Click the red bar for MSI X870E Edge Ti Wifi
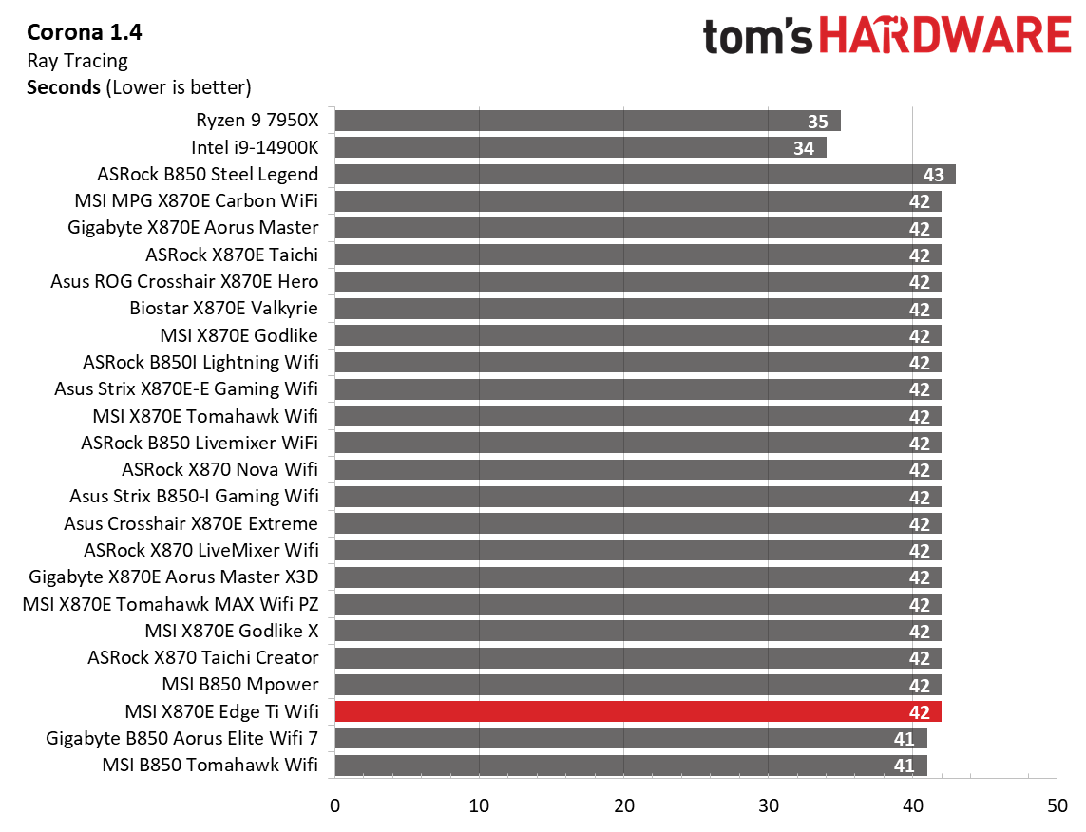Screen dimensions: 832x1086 (637, 711)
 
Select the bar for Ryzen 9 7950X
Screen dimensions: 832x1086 (587, 121)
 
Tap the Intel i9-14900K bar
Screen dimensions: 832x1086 (580, 147)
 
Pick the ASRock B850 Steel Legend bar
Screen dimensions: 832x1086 (644, 175)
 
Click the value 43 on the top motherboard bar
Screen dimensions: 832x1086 (934, 176)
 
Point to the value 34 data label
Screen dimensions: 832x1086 (804, 148)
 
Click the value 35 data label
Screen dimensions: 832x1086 (817, 122)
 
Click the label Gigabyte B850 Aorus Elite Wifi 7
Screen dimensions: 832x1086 (181, 738)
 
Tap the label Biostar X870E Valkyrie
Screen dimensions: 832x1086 (223, 309)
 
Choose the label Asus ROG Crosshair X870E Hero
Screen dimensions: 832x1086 (184, 282)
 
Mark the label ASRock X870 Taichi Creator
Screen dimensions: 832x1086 (202, 657)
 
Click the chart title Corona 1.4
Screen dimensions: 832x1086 (84, 33)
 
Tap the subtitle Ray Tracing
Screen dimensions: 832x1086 (77, 61)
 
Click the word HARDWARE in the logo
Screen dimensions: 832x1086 (943, 36)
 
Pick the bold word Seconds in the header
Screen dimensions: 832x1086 (64, 88)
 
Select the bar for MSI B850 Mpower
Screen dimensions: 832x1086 (637, 685)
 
